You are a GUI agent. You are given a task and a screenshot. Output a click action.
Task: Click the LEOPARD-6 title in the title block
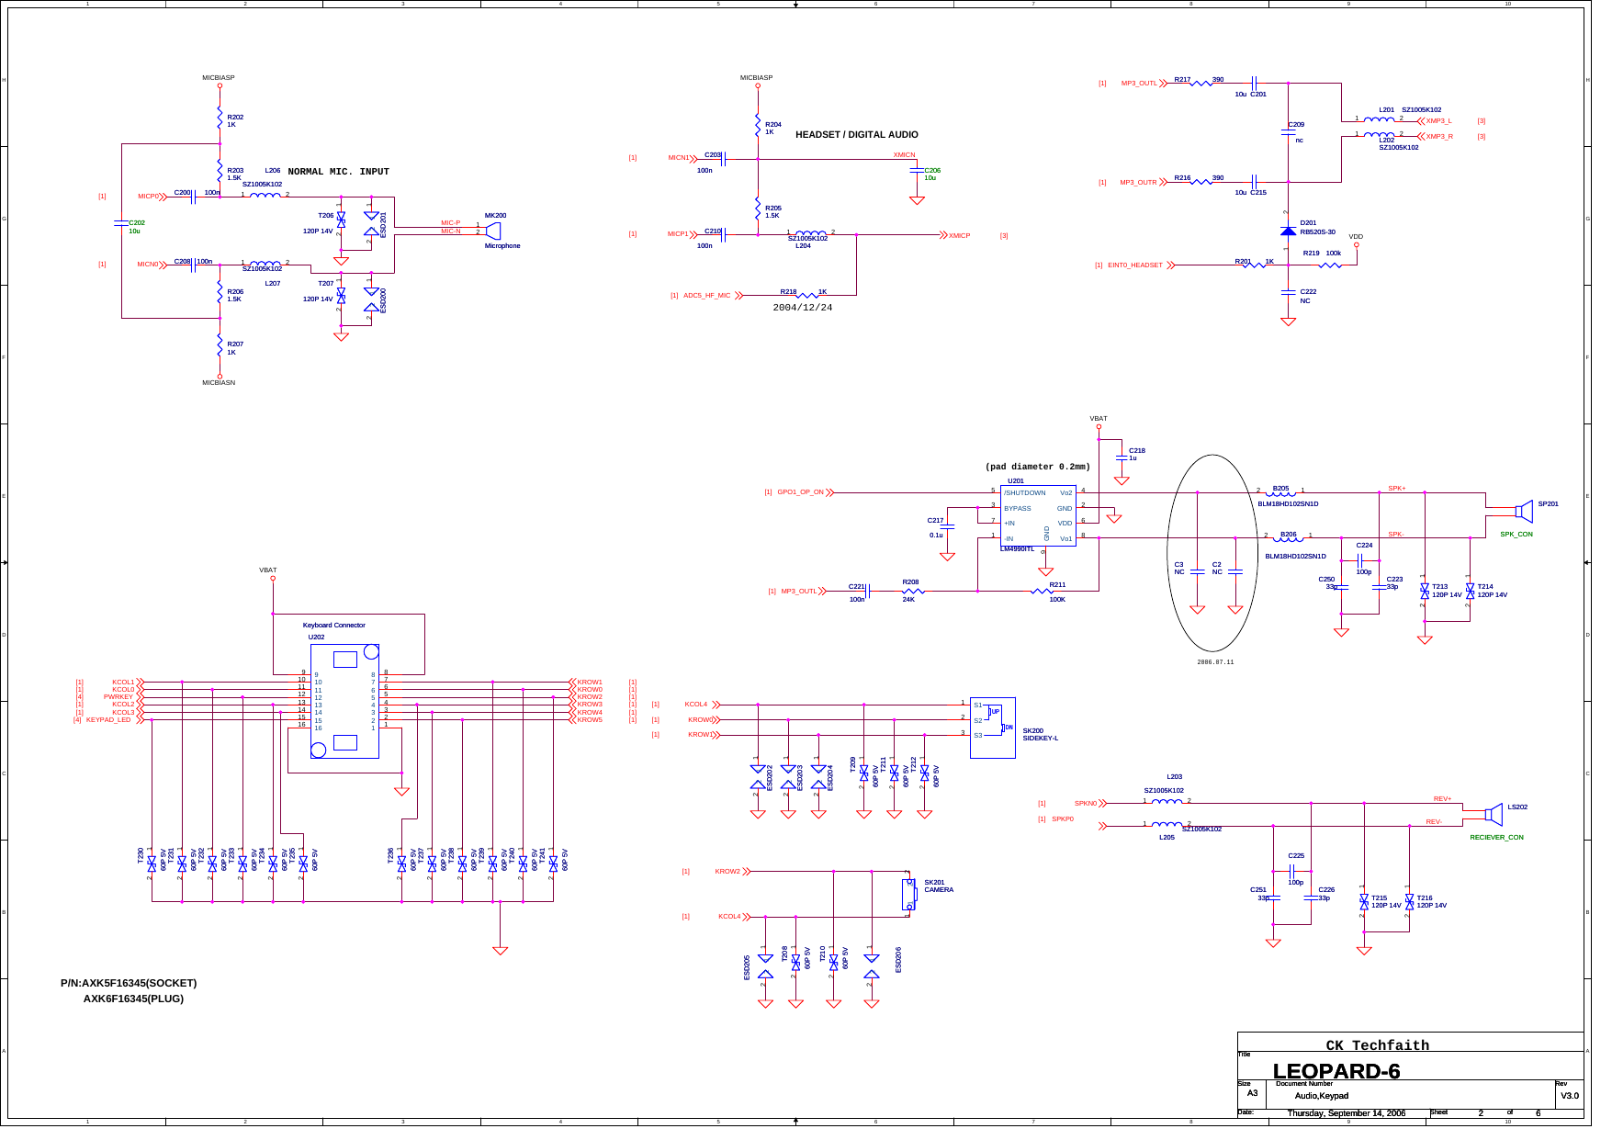[x=1336, y=1071]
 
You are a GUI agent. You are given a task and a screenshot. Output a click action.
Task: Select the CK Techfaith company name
[x=1377, y=1045]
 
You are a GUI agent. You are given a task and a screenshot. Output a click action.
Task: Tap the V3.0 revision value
[x=1569, y=1095]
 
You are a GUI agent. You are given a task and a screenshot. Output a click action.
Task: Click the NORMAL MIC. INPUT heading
[x=338, y=172]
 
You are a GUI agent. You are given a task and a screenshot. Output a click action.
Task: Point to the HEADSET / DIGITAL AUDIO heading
[x=856, y=135]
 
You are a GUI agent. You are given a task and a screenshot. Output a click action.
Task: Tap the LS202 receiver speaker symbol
[x=1494, y=813]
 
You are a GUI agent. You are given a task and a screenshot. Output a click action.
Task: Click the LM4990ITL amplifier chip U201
[x=1038, y=516]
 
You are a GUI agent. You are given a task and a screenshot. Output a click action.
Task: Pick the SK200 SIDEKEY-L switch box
[x=992, y=728]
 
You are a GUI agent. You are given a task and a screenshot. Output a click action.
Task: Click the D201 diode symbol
[x=1288, y=231]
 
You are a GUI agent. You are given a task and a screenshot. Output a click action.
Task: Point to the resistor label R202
[x=235, y=118]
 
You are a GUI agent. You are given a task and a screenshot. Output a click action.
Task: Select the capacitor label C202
[x=137, y=223]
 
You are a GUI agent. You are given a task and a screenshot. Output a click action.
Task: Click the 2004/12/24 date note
[x=802, y=308]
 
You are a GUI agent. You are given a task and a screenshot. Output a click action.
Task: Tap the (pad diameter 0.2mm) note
[x=1037, y=467]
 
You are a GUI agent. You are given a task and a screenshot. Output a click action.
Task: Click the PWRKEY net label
[x=118, y=697]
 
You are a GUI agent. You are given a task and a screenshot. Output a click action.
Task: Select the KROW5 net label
[x=590, y=720]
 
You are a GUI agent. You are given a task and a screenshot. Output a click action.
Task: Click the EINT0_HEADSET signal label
[x=1134, y=265]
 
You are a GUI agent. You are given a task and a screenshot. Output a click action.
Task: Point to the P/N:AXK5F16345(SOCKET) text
[x=129, y=983]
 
